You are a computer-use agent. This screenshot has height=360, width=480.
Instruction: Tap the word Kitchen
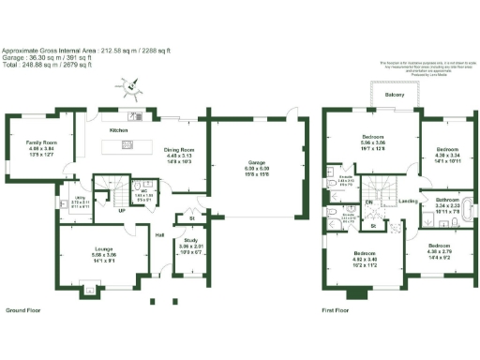(118, 129)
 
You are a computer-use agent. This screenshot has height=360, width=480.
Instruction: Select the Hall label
(160, 234)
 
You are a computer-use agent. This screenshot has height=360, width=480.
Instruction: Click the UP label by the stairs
(121, 210)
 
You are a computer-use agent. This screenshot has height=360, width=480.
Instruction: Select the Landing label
(407, 202)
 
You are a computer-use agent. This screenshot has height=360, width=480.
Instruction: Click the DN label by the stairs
(369, 202)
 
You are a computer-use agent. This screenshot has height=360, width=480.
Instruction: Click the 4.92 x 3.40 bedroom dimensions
(366, 260)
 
